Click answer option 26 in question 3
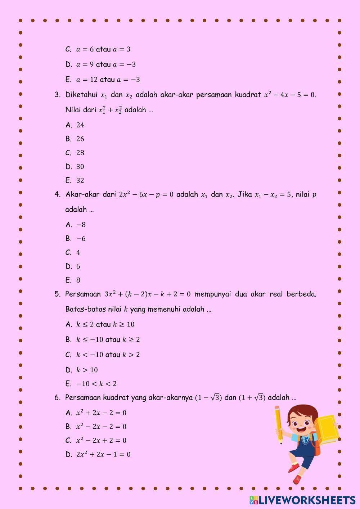80,139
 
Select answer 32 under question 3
80,180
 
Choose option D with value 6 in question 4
78,266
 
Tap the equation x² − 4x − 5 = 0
290,95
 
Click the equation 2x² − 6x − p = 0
146,195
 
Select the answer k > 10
87,370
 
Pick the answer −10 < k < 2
96,384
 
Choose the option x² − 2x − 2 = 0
101,427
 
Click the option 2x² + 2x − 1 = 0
103,454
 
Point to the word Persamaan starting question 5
83,294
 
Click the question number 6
57,398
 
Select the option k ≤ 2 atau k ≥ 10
105,324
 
